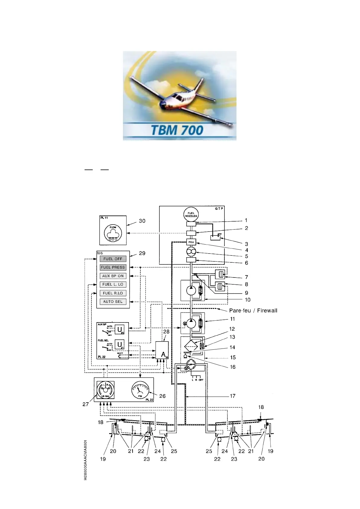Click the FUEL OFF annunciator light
click(x=113, y=259)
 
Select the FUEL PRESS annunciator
click(x=113, y=267)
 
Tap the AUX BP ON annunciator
click(x=113, y=276)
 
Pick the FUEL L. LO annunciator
click(x=113, y=284)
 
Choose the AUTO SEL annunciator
click(x=113, y=302)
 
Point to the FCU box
click(x=191, y=242)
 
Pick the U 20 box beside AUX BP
click(x=120, y=329)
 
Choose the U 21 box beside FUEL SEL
click(x=120, y=345)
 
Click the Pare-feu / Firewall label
click(x=253, y=310)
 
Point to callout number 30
click(x=142, y=221)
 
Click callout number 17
click(x=233, y=396)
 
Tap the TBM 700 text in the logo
click(x=177, y=130)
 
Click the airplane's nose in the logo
click(x=163, y=107)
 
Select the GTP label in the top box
click(x=219, y=209)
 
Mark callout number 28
click(x=166, y=332)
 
